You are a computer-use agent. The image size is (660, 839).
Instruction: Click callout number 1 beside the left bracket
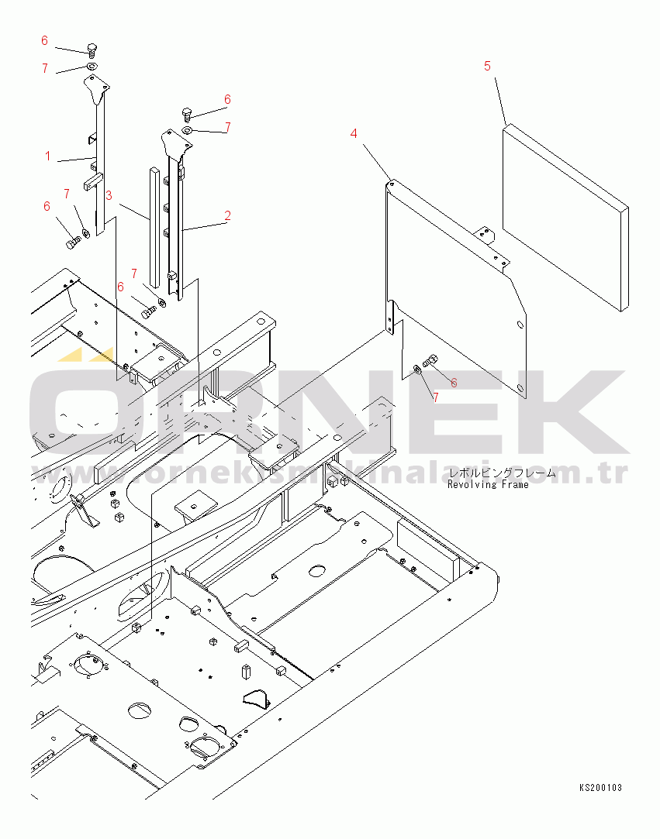[48, 156]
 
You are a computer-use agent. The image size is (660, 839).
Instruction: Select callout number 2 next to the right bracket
[227, 216]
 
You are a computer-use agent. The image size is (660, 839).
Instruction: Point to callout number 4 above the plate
[354, 133]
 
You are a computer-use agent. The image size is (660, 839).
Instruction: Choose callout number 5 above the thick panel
[487, 66]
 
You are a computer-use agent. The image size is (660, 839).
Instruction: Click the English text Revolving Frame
[488, 485]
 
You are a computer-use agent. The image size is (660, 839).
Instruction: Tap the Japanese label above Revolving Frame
[501, 473]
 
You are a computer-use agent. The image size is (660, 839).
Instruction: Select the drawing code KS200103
[600, 788]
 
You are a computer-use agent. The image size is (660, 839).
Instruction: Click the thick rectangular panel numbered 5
[566, 217]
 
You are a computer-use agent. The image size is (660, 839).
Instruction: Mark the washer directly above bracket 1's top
[92, 68]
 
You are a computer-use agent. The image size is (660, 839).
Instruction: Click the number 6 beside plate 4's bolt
[454, 383]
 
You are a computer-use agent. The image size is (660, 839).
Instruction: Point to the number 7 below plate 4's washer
[435, 397]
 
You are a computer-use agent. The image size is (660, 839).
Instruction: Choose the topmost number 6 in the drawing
[44, 40]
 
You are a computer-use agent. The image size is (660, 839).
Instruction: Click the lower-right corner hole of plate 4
[520, 387]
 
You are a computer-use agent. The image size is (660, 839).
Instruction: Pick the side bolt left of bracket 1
[72, 243]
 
